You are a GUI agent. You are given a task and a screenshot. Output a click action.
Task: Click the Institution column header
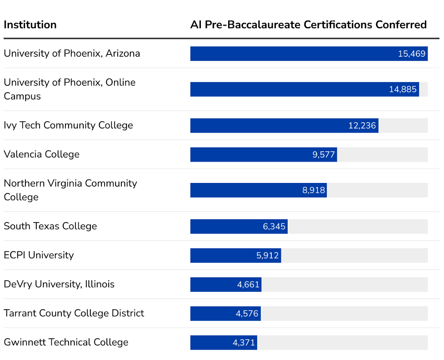click(x=30, y=25)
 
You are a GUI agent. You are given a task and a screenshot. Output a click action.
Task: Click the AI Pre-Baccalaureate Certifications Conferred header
click(x=308, y=25)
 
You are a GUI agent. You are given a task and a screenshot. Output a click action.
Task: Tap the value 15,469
click(x=412, y=54)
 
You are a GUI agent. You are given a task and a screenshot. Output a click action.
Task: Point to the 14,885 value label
click(x=403, y=89)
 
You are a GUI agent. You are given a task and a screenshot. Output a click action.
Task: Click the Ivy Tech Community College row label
click(x=68, y=125)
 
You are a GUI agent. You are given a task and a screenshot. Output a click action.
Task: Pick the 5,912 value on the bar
click(x=267, y=256)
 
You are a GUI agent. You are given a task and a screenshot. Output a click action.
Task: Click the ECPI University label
click(x=39, y=255)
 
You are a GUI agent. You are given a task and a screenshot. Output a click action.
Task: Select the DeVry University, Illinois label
click(x=59, y=284)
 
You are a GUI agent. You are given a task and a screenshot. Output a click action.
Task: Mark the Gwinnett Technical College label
click(x=66, y=342)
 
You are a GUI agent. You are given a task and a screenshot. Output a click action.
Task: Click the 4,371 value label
click(x=244, y=343)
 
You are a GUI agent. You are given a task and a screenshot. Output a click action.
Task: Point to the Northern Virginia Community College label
click(x=70, y=190)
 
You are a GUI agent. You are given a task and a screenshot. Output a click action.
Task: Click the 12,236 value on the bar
click(x=362, y=126)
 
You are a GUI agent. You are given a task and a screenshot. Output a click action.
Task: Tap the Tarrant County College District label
click(x=74, y=313)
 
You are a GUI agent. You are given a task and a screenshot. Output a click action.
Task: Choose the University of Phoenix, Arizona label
click(x=72, y=54)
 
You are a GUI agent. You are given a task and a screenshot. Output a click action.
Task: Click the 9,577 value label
click(x=324, y=155)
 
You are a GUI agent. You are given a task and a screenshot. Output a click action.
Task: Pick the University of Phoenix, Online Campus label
click(x=70, y=89)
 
